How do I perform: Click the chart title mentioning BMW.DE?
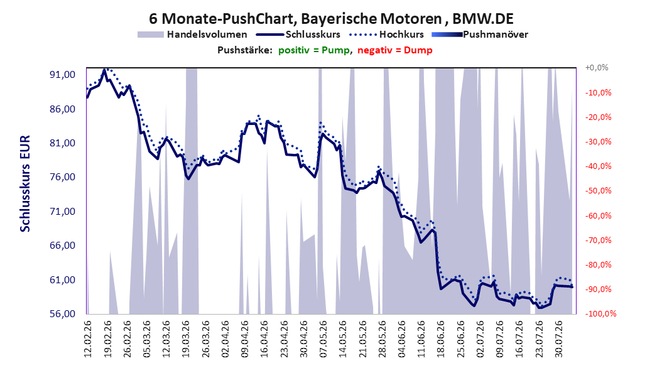331,19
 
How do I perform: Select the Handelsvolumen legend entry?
193,35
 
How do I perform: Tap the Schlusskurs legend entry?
298,35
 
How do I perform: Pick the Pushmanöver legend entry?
480,35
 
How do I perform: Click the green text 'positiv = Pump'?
313,50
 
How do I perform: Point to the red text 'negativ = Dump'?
395,50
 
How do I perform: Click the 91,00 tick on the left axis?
62,75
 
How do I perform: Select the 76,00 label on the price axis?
62,177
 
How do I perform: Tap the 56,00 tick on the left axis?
62,314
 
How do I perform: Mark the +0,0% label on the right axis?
597,68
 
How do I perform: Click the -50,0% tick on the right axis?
598,191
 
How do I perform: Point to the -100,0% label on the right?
600,313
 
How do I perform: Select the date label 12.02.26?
88,339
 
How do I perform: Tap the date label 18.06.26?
441,339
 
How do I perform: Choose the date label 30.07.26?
558,339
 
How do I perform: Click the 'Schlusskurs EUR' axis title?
25,183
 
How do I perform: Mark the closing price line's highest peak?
104,70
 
